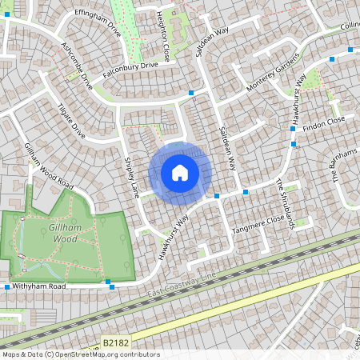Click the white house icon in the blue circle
[180, 172]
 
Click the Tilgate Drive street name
[72, 120]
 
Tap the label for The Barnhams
[339, 169]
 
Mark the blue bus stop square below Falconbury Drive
[191, 94]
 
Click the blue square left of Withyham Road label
[6, 286]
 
